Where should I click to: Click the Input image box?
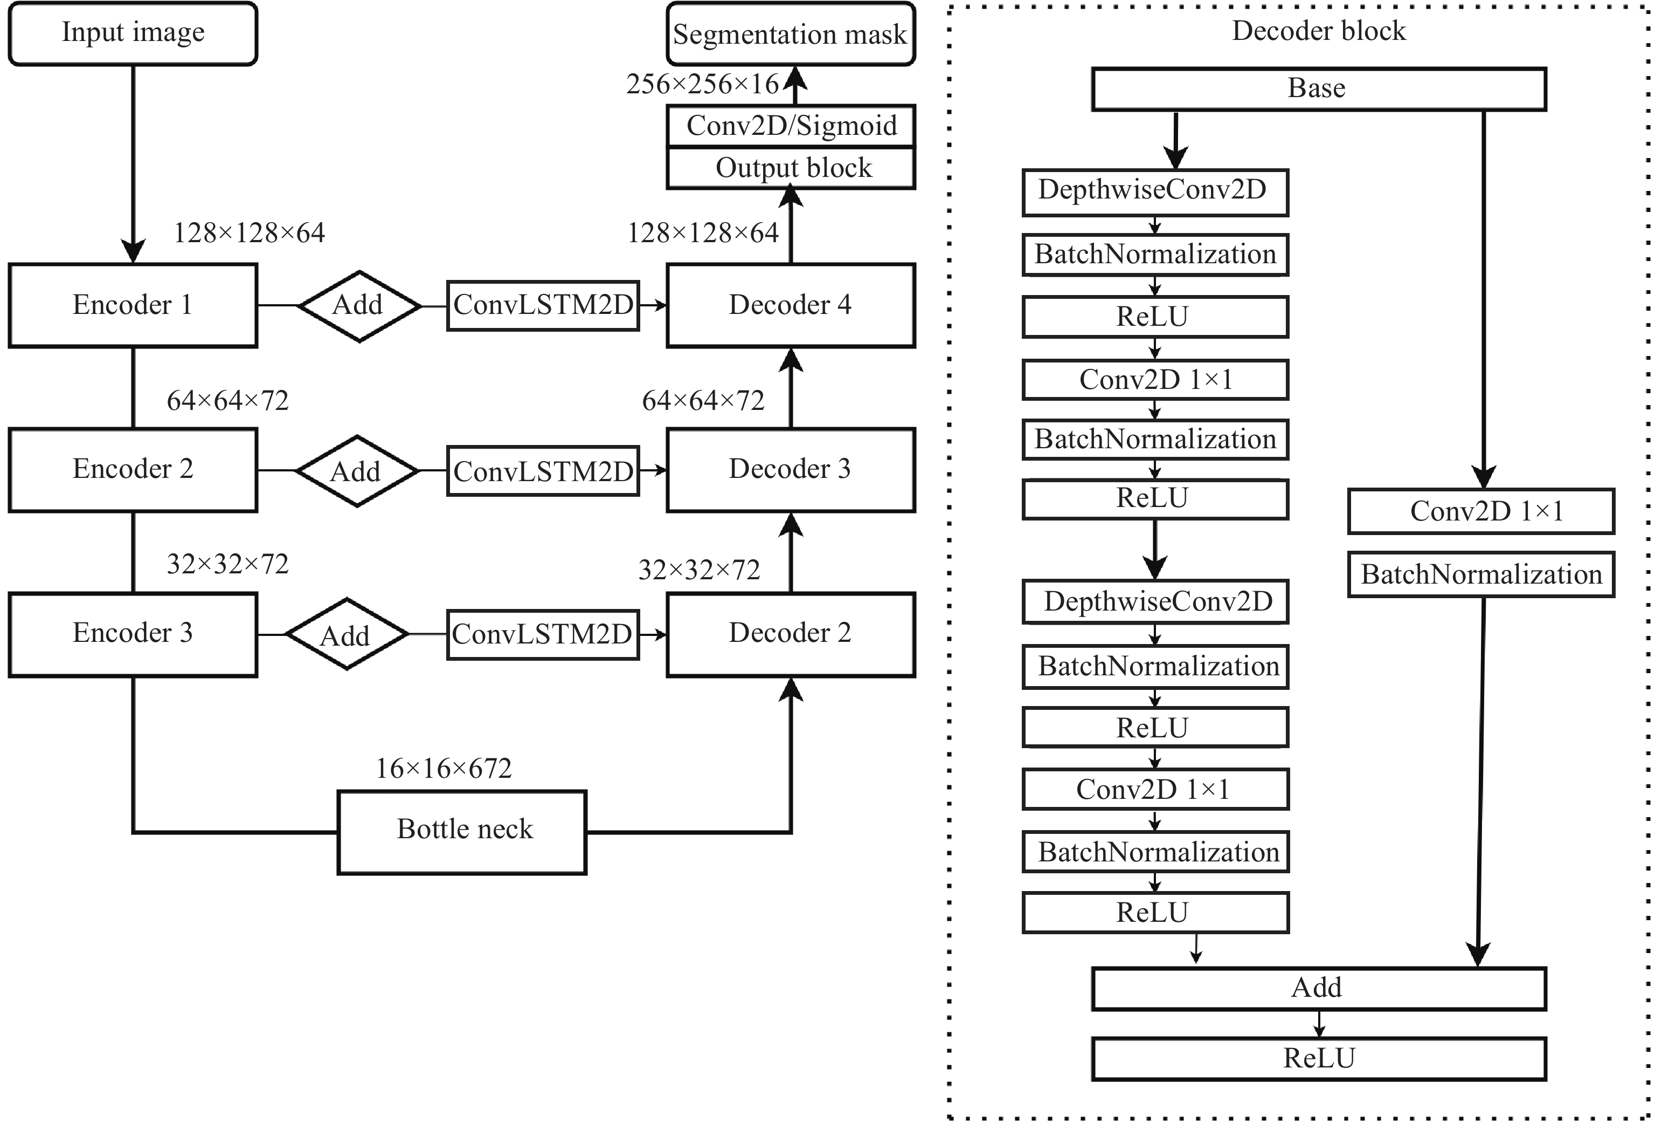tap(133, 33)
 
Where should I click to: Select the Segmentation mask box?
tap(791, 33)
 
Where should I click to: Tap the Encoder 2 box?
tap(133, 470)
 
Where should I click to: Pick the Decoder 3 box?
tap(791, 470)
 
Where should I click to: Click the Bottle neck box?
tap(462, 832)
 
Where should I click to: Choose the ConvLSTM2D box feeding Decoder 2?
tap(543, 634)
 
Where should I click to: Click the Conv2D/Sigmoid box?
tap(791, 126)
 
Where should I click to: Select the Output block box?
tap(791, 168)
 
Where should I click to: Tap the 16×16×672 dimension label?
tap(444, 768)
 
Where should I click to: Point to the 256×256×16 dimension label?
tap(702, 84)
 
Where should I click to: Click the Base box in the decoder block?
tap(1319, 89)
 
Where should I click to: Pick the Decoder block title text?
tap(1319, 31)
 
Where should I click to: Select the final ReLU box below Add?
tap(1319, 1059)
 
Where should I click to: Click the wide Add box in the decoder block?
tap(1319, 988)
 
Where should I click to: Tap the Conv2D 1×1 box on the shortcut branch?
tap(1481, 511)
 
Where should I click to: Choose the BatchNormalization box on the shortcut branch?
tap(1481, 574)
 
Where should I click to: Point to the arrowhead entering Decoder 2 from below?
tap(791, 690)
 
